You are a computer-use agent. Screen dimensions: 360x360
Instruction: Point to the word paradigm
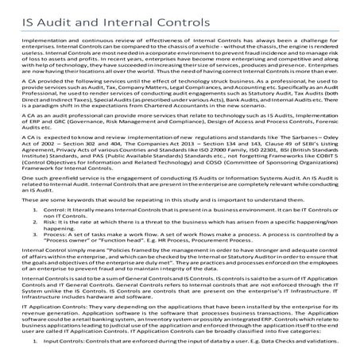tap(47, 106)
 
